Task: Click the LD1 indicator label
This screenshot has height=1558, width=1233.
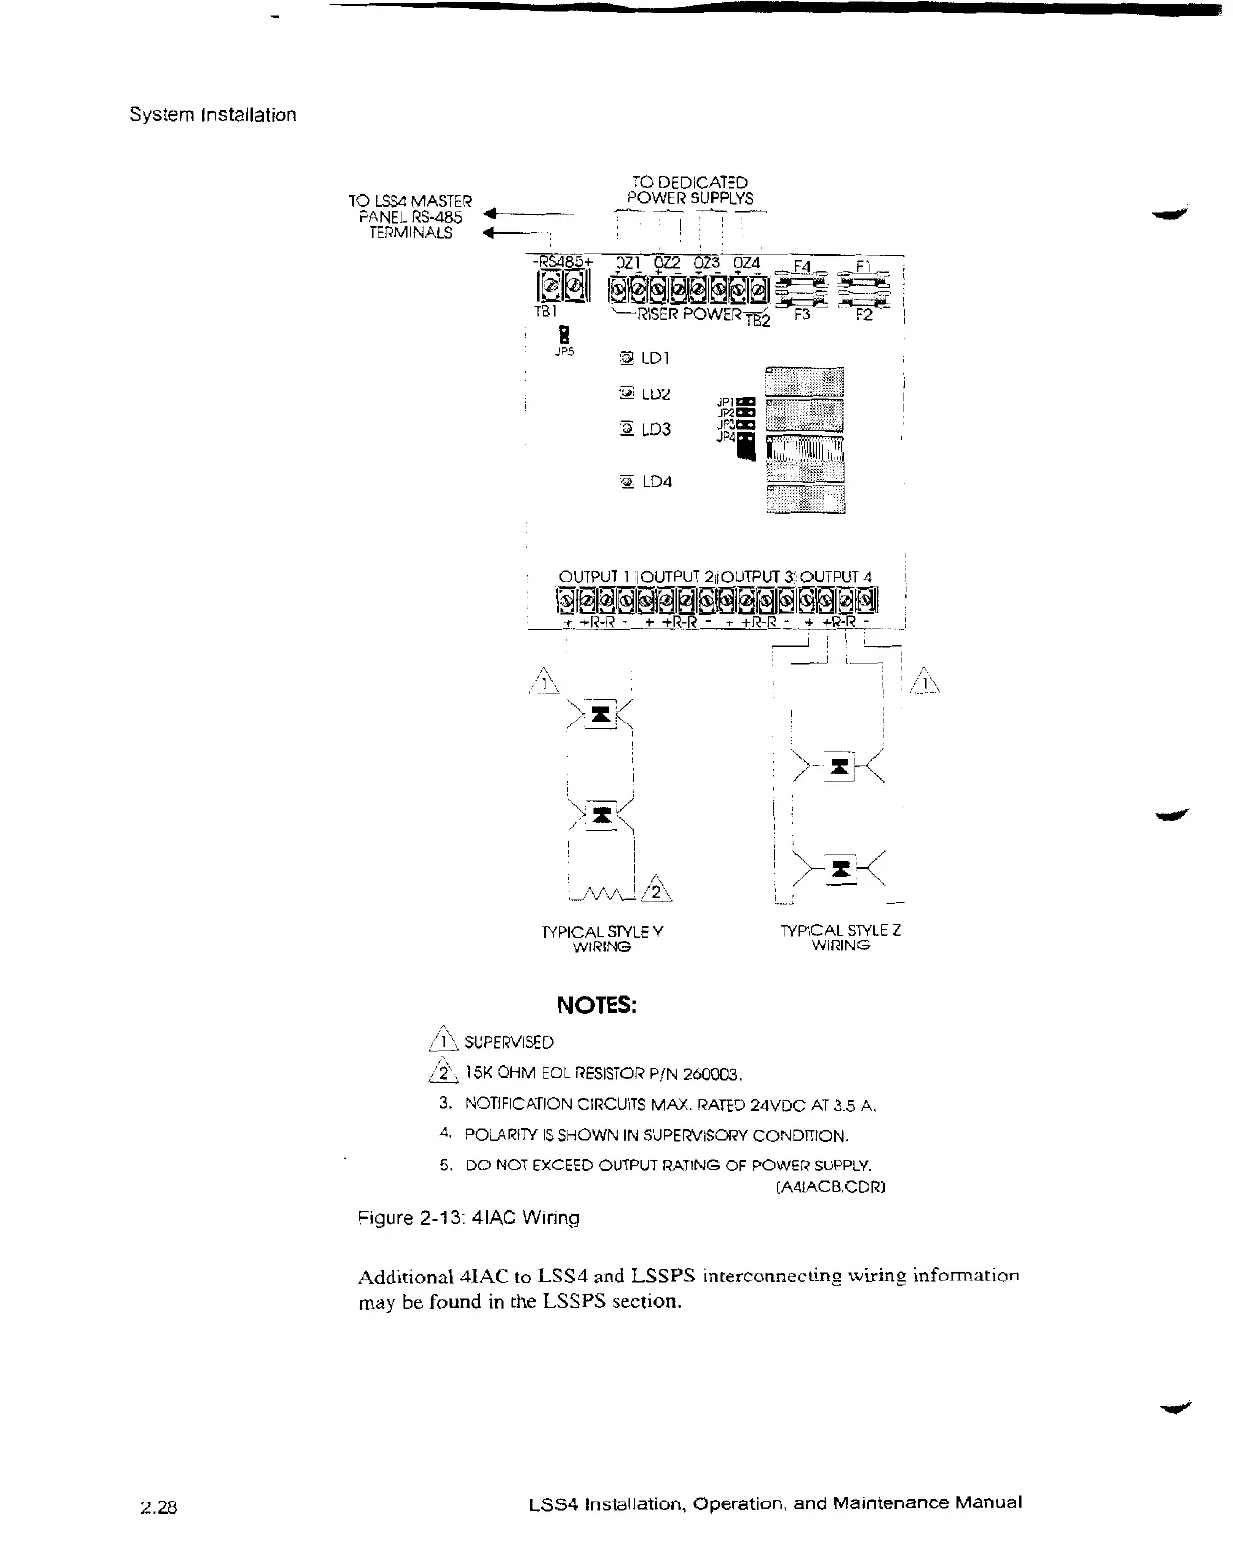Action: (657, 357)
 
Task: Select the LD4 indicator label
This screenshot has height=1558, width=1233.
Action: (657, 482)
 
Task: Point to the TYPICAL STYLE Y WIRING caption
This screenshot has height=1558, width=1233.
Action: (603, 939)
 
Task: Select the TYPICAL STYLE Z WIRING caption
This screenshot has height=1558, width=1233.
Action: (841, 938)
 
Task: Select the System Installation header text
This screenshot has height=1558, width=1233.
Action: (213, 114)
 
